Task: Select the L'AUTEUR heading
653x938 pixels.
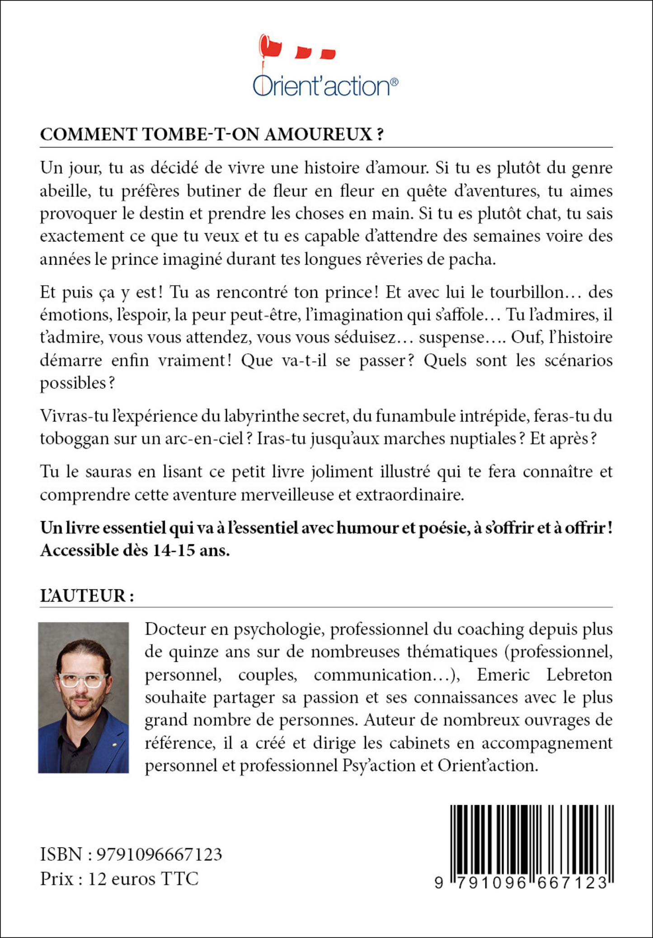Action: [x=87, y=596]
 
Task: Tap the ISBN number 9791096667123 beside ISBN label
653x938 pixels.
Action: [x=160, y=854]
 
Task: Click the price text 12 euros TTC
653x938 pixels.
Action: [x=143, y=879]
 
